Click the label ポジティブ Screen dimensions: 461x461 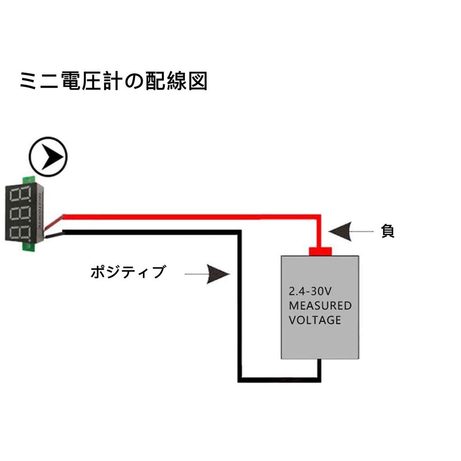tap(128, 272)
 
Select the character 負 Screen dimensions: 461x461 tap(388, 231)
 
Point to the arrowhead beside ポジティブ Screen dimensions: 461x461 tap(219, 274)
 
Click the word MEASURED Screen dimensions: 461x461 tap(320, 306)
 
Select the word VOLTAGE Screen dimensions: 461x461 tap(314, 321)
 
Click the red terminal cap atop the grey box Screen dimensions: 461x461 tap(320, 251)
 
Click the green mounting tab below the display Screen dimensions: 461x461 tap(28, 247)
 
